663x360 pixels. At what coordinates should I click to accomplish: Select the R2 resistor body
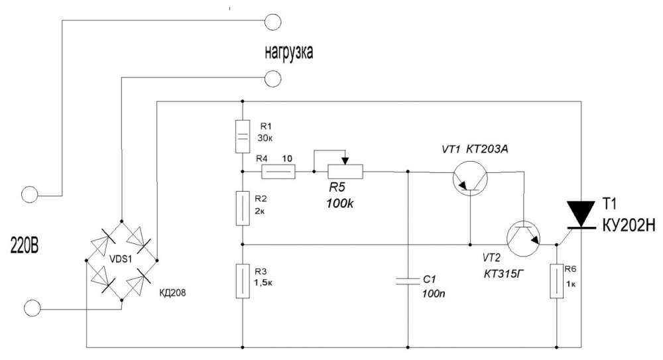pyautogui.click(x=242, y=208)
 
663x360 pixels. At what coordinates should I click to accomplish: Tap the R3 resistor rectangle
pyautogui.click(x=242, y=281)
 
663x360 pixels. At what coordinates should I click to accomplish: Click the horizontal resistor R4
pyautogui.click(x=278, y=172)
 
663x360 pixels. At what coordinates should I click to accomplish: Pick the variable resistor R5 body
pyautogui.click(x=345, y=172)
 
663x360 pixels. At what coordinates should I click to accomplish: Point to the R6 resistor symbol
pyautogui.click(x=556, y=281)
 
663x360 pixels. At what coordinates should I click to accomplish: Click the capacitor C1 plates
pyautogui.click(x=408, y=281)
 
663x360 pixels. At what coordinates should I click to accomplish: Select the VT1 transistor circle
pyautogui.click(x=470, y=178)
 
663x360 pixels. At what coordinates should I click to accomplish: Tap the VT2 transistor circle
pyautogui.click(x=524, y=239)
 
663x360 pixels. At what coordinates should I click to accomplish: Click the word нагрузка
pyautogui.click(x=289, y=52)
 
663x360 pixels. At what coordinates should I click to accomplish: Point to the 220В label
pyautogui.click(x=24, y=245)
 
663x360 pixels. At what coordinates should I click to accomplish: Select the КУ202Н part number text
pyautogui.click(x=629, y=225)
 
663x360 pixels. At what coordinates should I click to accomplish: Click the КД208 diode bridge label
pyautogui.click(x=172, y=292)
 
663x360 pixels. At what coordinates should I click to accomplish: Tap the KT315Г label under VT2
pyautogui.click(x=503, y=274)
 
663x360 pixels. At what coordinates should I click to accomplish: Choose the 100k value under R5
pyautogui.click(x=340, y=204)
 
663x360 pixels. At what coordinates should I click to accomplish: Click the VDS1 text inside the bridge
pyautogui.click(x=121, y=259)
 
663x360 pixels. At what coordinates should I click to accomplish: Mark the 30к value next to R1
pyautogui.click(x=265, y=138)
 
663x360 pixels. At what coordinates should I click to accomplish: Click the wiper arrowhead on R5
pyautogui.click(x=345, y=160)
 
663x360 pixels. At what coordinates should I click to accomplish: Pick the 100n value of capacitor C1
pyautogui.click(x=434, y=294)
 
